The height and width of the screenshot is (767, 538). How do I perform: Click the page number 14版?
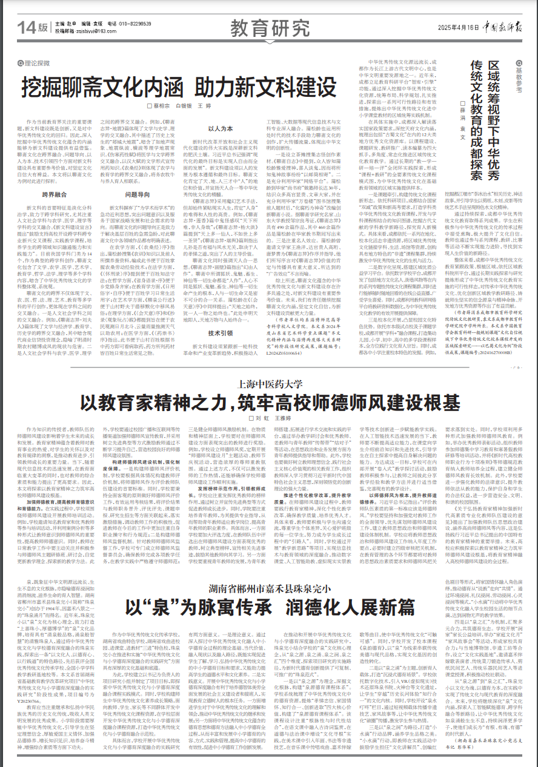[x=34, y=27]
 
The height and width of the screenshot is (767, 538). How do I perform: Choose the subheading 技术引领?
[x=220, y=333]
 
